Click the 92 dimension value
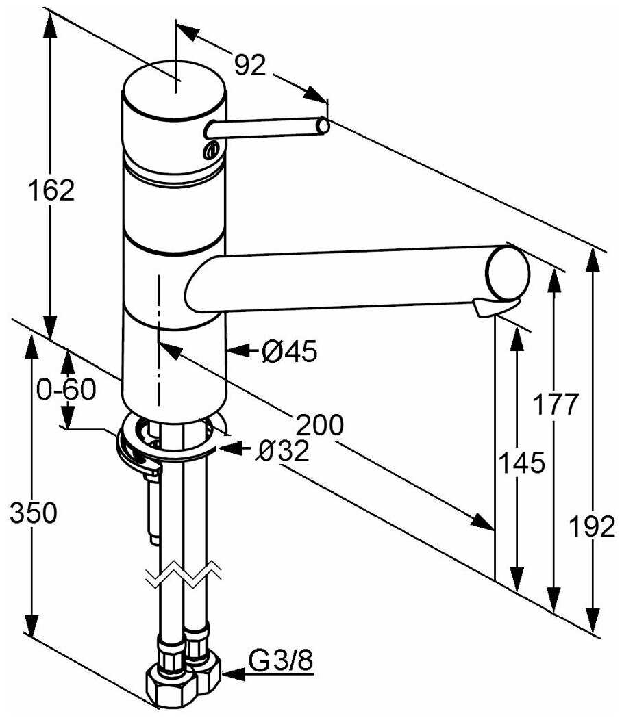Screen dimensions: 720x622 (x=249, y=65)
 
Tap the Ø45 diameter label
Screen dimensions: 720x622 (x=290, y=352)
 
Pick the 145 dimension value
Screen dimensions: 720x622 (x=522, y=463)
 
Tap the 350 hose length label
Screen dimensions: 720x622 (x=33, y=512)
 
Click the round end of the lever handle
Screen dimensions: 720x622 (x=323, y=126)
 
